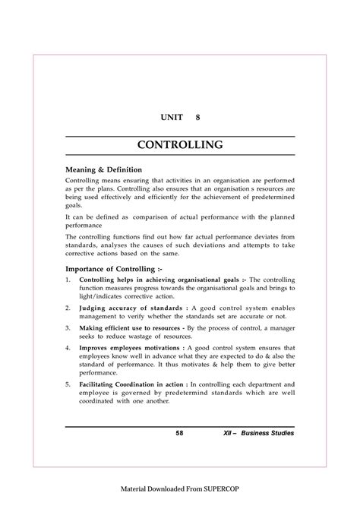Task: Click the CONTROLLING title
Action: pos(179,144)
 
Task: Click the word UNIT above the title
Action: pos(170,119)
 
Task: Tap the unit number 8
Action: pos(200,119)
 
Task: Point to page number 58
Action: pos(179,433)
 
